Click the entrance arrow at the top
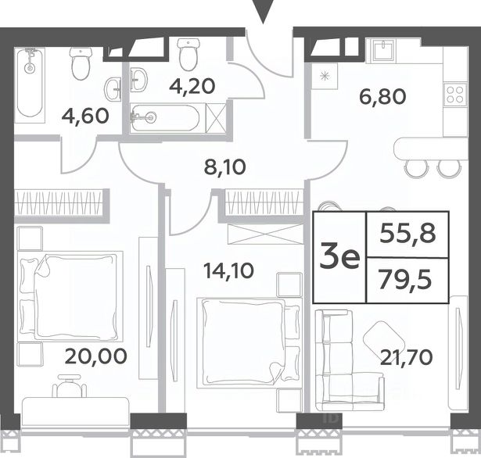(x=263, y=12)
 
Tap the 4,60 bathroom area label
(x=85, y=116)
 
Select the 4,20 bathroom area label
(x=192, y=87)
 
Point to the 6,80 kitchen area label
(x=382, y=97)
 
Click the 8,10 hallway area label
(x=224, y=167)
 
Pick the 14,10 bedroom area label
(x=229, y=271)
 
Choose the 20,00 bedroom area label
(x=96, y=356)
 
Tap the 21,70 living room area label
(x=407, y=357)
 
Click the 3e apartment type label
(x=339, y=258)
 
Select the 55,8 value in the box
(x=407, y=234)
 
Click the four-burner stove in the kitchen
(x=456, y=94)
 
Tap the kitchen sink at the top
(x=383, y=50)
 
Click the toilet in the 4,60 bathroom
(x=81, y=63)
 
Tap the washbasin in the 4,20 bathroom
(x=139, y=80)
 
